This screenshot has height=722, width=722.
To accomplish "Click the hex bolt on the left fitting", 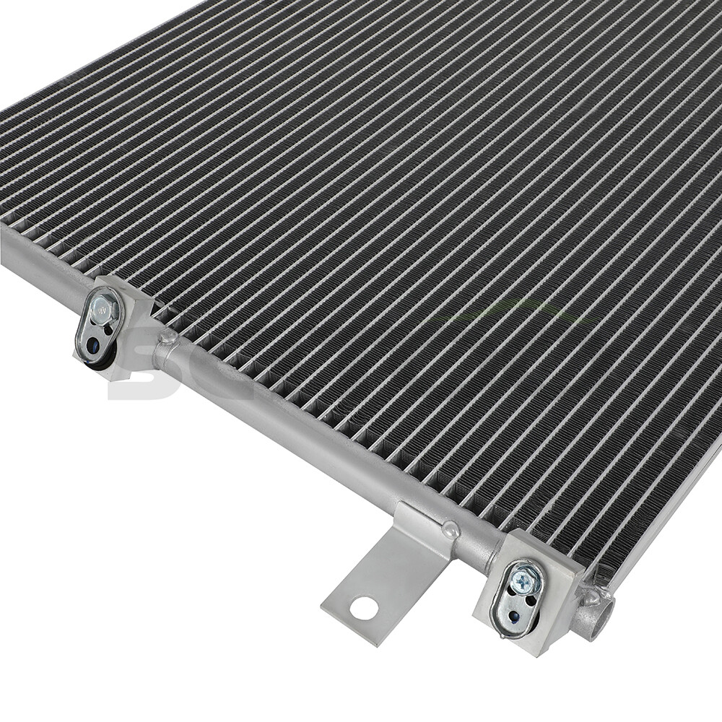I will point(105,308).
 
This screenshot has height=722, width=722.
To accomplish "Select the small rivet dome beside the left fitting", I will point(168,336).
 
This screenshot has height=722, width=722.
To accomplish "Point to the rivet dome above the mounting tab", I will point(451,529).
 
